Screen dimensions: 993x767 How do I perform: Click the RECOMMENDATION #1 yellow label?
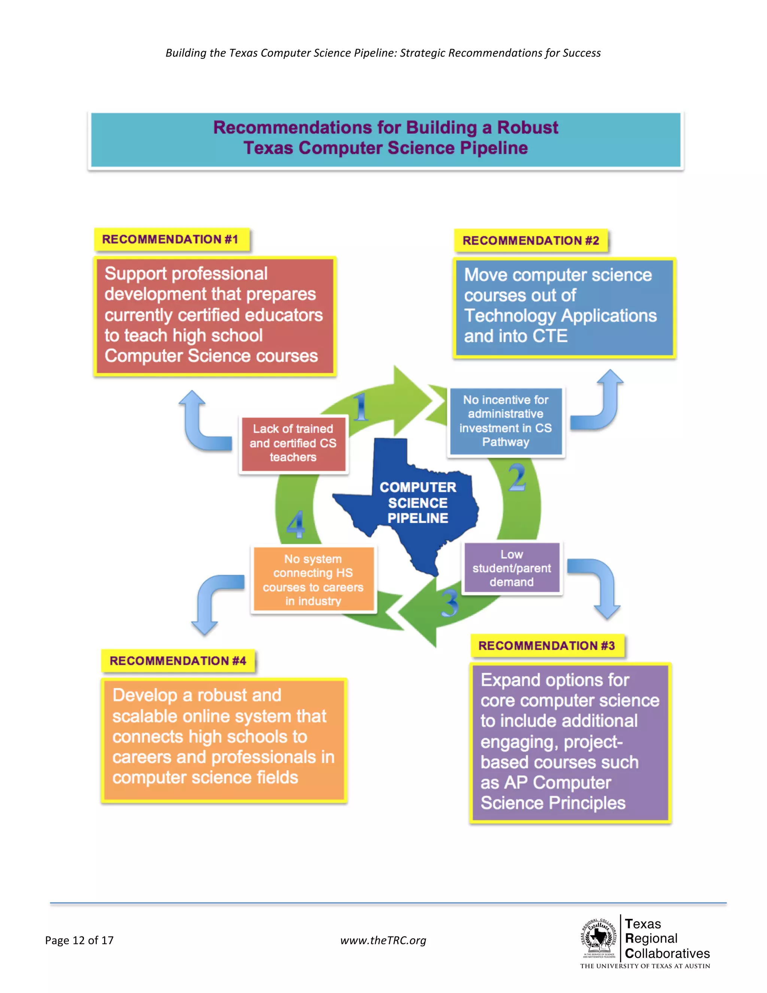(x=171, y=239)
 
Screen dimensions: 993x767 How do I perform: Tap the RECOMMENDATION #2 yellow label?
(x=531, y=241)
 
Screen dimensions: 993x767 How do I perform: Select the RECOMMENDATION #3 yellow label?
(x=547, y=646)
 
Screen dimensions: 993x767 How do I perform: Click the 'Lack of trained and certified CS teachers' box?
(x=293, y=443)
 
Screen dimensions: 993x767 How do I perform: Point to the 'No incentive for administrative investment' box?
(x=506, y=421)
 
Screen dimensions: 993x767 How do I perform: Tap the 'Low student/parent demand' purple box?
(x=512, y=568)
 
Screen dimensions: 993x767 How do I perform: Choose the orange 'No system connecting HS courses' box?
(x=313, y=580)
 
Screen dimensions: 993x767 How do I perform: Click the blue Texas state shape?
(x=409, y=505)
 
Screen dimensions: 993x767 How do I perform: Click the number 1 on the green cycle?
(x=360, y=407)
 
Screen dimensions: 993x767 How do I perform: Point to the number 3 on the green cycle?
(x=450, y=603)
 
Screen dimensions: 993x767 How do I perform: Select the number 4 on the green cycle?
(x=296, y=524)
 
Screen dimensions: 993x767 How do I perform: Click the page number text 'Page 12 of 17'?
(x=79, y=940)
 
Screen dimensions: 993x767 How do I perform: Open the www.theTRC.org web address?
(x=383, y=940)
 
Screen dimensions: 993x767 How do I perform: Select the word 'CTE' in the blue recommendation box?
(x=550, y=336)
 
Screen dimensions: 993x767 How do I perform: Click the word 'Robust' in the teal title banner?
(x=528, y=128)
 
